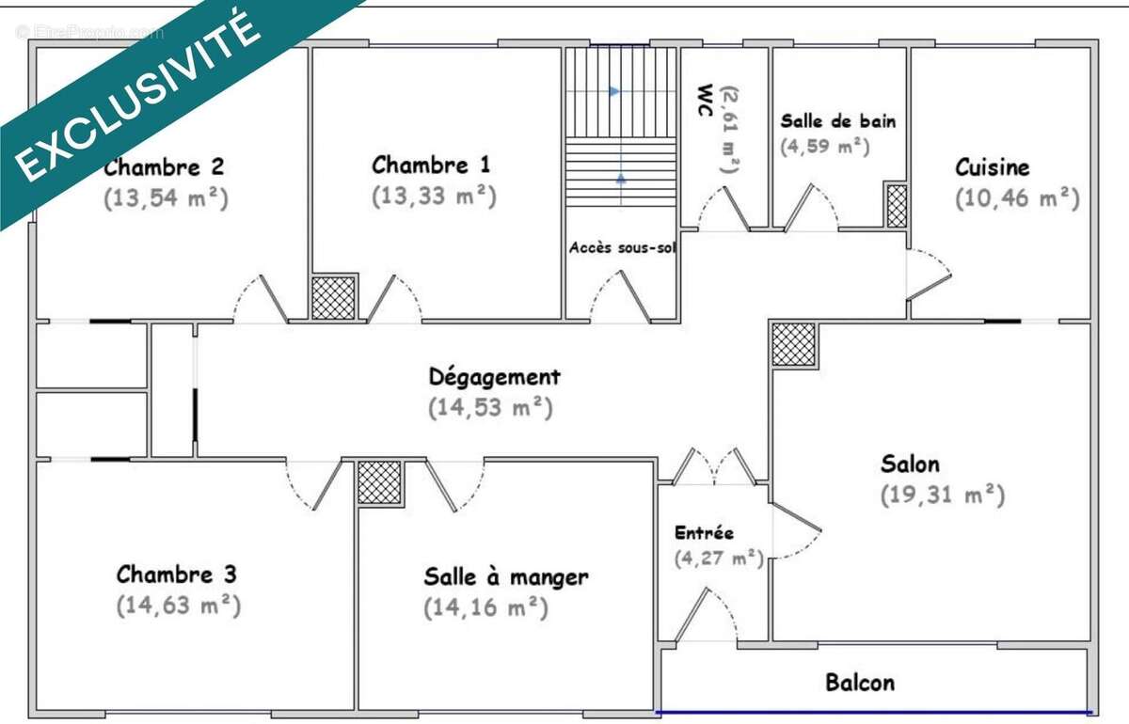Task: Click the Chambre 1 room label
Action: coord(431,165)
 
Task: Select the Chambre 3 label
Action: coord(176,574)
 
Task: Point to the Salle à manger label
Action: coord(505,576)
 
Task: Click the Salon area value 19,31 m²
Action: coord(943,495)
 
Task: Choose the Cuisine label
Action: coord(992,168)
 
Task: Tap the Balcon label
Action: coord(860,683)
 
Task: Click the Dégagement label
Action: coord(494,377)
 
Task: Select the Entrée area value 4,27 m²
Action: coord(718,558)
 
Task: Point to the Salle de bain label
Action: coord(837,121)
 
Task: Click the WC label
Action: coord(703,102)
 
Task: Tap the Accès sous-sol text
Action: coord(621,248)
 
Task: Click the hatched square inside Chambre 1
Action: coord(334,297)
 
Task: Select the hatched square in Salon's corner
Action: coord(793,344)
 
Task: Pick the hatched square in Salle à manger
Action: coord(379,483)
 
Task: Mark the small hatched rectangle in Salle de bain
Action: coord(897,206)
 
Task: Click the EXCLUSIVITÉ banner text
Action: coord(141,94)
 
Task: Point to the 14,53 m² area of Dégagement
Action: coord(489,409)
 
